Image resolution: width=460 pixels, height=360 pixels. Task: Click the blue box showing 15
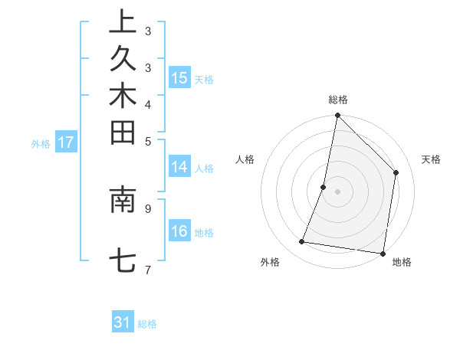tap(179, 77)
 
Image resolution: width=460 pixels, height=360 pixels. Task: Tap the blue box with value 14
tap(179, 167)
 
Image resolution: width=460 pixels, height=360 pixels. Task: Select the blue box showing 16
tap(179, 231)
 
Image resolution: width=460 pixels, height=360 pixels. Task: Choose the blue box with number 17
tap(66, 142)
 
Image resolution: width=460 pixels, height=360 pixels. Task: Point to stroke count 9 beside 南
tap(148, 207)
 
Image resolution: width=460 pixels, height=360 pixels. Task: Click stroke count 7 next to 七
tap(148, 270)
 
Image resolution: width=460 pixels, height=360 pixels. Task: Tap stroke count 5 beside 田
tap(148, 141)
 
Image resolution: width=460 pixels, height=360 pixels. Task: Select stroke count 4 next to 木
tap(148, 104)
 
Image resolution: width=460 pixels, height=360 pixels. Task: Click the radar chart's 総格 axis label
tap(337, 100)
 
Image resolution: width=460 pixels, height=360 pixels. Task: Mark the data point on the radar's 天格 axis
tap(396, 172)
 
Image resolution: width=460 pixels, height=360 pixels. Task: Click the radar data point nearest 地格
tap(383, 253)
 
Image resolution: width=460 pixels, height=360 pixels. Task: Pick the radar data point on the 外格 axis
tap(302, 242)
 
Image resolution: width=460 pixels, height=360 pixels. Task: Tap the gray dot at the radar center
tap(337, 191)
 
